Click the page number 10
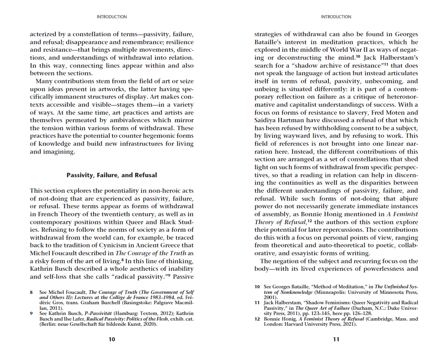point(112,339)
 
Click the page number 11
point(336,339)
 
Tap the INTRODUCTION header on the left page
point(112,17)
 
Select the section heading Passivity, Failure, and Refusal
point(112,175)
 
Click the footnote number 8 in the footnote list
point(31,293)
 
